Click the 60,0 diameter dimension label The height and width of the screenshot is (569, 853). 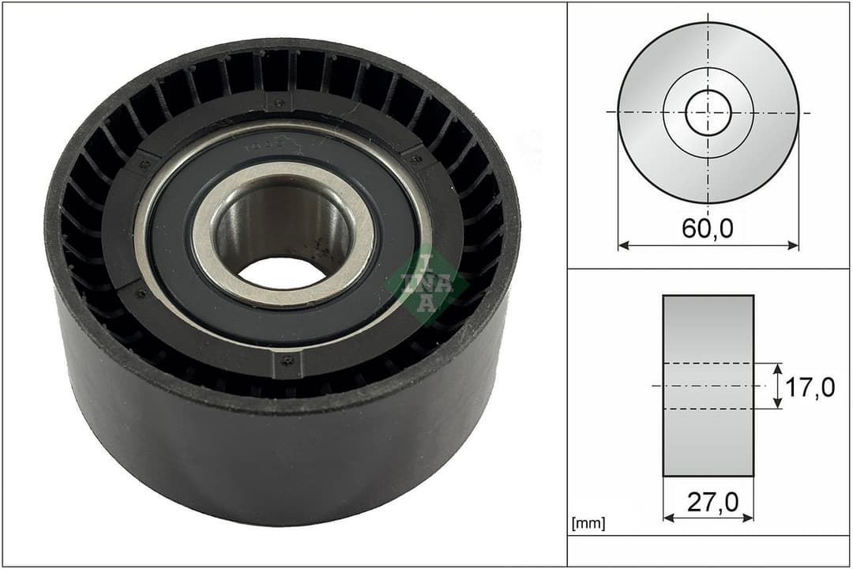click(x=708, y=228)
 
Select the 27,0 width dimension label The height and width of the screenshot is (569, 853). click(x=708, y=503)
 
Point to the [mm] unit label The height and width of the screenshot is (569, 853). click(x=588, y=523)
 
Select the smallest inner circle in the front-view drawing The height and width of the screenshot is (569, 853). click(x=708, y=112)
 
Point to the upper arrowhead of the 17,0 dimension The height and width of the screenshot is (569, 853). click(x=778, y=368)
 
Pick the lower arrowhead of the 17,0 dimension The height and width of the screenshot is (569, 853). click(x=778, y=404)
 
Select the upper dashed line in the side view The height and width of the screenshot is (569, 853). click(x=708, y=364)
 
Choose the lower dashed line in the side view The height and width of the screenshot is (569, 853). click(x=708, y=409)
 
